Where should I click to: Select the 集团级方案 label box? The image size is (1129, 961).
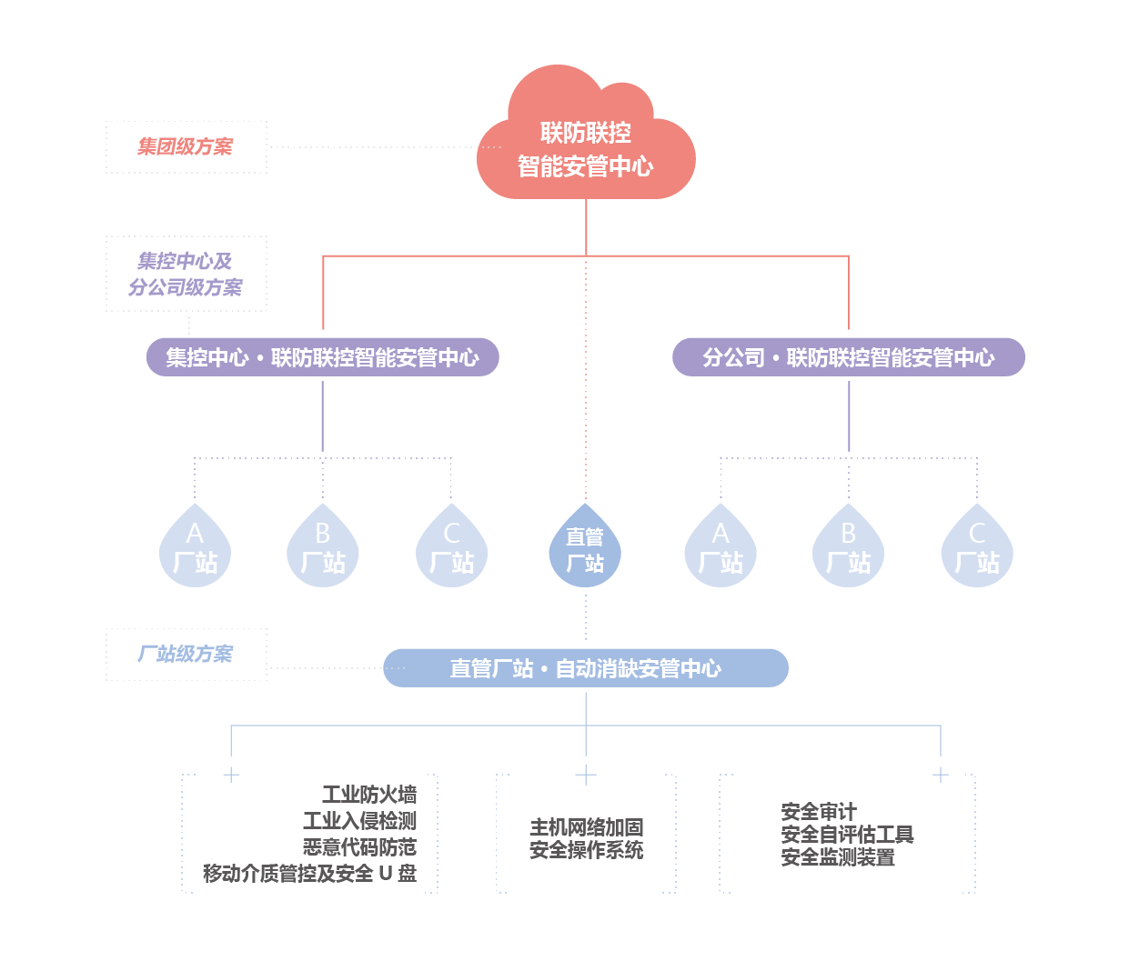(186, 146)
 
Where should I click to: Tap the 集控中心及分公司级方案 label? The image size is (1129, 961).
(186, 274)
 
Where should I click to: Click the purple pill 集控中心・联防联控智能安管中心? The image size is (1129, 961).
(322, 357)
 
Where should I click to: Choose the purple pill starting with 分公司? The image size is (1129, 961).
(848, 357)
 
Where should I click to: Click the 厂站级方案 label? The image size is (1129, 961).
(186, 654)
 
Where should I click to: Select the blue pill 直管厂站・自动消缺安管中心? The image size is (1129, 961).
(585, 668)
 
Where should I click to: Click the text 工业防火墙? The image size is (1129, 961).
(369, 796)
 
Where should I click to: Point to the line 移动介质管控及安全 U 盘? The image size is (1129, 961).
(309, 874)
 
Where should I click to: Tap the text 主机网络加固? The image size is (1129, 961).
(586, 827)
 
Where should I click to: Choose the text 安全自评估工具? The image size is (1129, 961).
(847, 835)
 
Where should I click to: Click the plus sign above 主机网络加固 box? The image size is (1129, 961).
(586, 775)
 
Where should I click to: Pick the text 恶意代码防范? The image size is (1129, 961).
(359, 847)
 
